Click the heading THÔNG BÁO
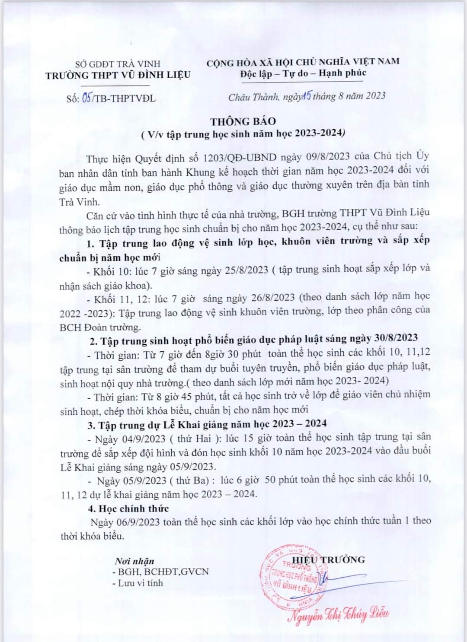pyautogui.click(x=243, y=121)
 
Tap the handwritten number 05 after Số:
pyautogui.click(x=86, y=98)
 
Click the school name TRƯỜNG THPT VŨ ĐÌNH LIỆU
pyautogui.click(x=118, y=75)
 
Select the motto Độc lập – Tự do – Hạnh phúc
pyautogui.click(x=303, y=73)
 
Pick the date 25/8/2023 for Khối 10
pyautogui.click(x=246, y=270)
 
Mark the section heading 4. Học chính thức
pyautogui.click(x=128, y=509)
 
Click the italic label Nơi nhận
pyautogui.click(x=134, y=561)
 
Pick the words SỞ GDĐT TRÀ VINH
pyautogui.click(x=118, y=64)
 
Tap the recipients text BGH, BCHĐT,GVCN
pyautogui.click(x=160, y=572)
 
